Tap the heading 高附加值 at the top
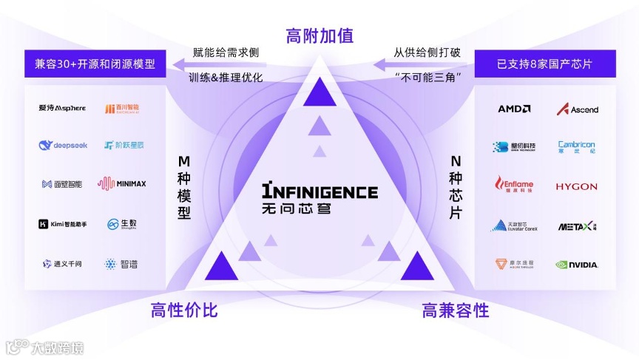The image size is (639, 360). coord(319,35)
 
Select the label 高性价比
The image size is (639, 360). coord(184,310)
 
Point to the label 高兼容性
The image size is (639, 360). coord(456,310)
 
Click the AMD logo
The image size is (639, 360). coord(514,109)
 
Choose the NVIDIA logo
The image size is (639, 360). coord(578,265)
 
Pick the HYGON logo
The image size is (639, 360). coord(577,186)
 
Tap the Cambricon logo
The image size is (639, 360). coord(577,147)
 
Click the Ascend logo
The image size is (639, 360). coord(578,109)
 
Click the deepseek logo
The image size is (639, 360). coord(63,146)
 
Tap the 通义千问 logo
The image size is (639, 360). coord(63,264)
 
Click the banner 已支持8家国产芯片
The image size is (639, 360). coord(545,64)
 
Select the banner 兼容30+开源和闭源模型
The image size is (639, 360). coord(95,64)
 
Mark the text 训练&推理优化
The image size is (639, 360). coord(226,78)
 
